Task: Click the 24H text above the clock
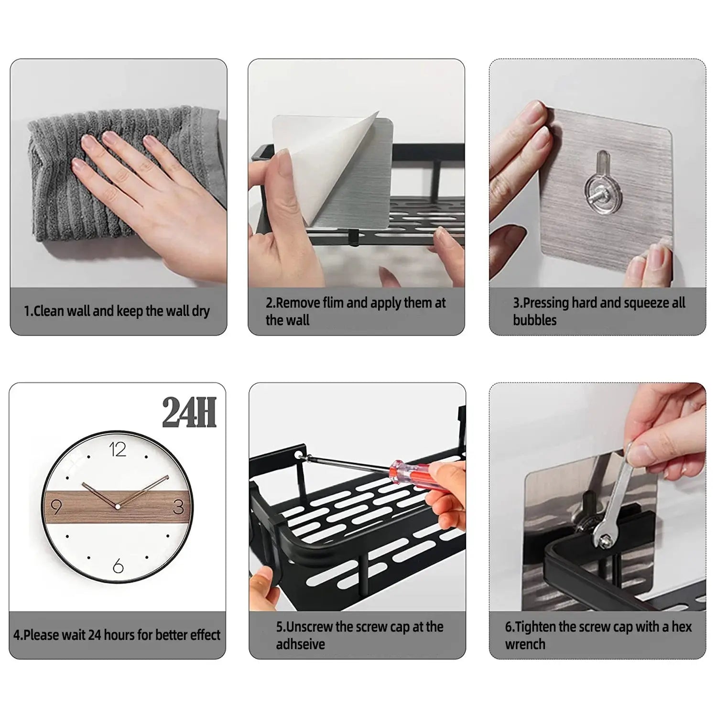point(189,413)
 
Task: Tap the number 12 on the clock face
point(118,450)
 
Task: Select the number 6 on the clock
point(118,566)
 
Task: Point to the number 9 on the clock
point(56,507)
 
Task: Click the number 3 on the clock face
point(179,507)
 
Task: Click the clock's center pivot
point(117,506)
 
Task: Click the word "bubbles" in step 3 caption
point(534,320)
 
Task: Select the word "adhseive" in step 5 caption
point(300,644)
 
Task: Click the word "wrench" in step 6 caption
point(525,644)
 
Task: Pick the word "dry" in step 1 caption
point(201,311)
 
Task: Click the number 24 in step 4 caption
point(95,635)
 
